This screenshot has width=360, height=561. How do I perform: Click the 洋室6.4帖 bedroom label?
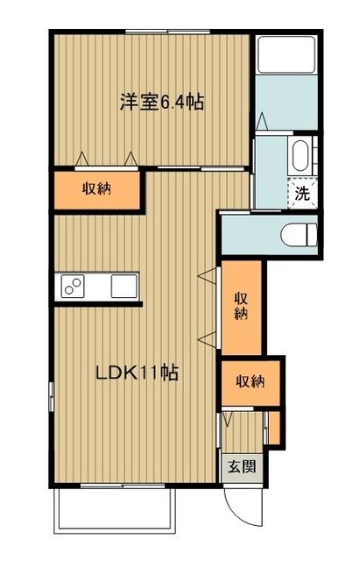[x=162, y=103]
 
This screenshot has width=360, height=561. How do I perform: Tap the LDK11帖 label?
[x=138, y=373]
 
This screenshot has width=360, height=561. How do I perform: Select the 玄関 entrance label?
[x=242, y=466]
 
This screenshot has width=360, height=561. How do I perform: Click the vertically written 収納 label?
[x=241, y=307]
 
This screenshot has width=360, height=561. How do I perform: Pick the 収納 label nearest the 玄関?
[x=250, y=381]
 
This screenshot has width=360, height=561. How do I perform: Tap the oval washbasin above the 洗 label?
[x=299, y=158]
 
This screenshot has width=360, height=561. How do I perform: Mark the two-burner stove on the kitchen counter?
[x=73, y=287]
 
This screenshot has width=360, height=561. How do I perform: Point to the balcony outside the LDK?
[x=118, y=509]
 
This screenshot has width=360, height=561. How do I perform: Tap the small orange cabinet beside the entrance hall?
[x=273, y=427]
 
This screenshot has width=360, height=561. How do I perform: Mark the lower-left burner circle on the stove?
[x=68, y=291]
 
